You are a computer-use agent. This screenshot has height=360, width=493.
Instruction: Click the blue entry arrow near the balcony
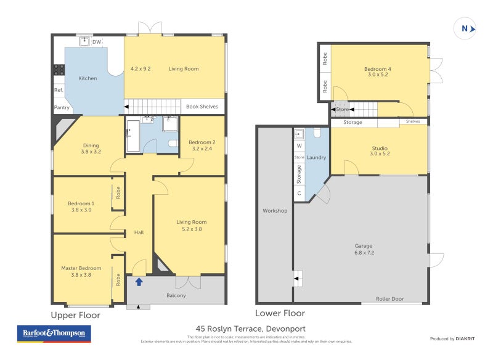click(x=139, y=282)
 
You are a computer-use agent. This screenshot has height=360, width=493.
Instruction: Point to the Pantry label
click(x=62, y=107)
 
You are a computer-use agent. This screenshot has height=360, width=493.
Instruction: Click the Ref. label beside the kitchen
click(x=59, y=90)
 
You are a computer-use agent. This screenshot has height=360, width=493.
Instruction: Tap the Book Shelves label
click(x=202, y=107)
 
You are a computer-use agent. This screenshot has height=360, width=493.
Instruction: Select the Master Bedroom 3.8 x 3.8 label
click(x=81, y=272)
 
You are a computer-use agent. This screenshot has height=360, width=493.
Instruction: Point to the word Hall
click(x=139, y=232)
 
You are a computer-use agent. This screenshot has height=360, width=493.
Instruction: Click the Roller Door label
click(x=390, y=299)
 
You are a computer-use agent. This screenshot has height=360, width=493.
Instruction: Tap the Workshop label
click(x=275, y=211)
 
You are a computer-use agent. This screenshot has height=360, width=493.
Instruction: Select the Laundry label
click(x=316, y=158)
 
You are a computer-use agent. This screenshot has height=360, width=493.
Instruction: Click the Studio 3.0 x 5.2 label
click(x=379, y=151)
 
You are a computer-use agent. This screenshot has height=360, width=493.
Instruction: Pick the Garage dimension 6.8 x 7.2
click(x=364, y=252)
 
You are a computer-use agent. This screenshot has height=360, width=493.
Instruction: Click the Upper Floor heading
click(x=75, y=315)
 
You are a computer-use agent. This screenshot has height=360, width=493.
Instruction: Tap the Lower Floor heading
click(x=280, y=313)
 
